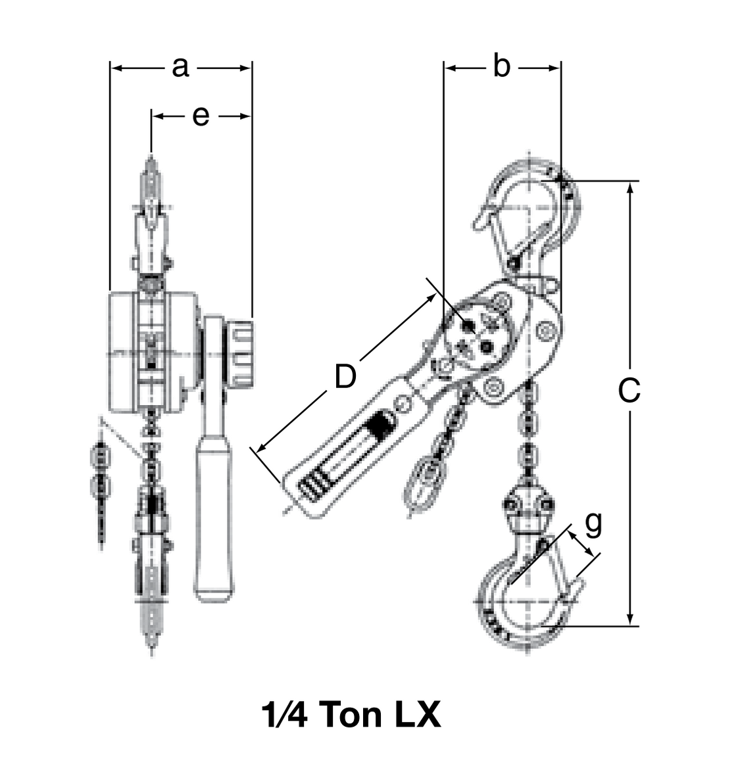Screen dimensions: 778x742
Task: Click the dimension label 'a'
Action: (180, 67)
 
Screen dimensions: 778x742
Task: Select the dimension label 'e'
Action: (201, 116)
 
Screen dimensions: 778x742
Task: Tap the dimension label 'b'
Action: (501, 67)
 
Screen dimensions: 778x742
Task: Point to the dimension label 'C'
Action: (630, 391)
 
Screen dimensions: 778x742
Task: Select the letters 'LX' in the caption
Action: (418, 715)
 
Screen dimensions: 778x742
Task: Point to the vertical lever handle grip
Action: (214, 520)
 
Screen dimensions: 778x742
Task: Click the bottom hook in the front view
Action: (153, 566)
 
